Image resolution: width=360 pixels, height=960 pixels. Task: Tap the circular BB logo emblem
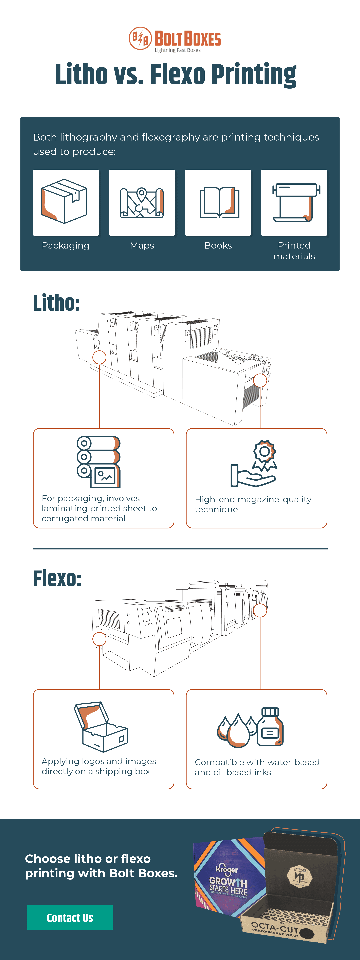(140, 38)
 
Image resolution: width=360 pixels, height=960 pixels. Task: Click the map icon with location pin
(142, 202)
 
